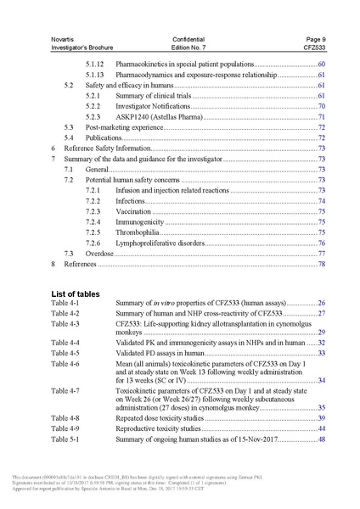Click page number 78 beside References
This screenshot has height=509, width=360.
click(x=322, y=264)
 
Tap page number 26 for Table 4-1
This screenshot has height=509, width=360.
click(x=322, y=303)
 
